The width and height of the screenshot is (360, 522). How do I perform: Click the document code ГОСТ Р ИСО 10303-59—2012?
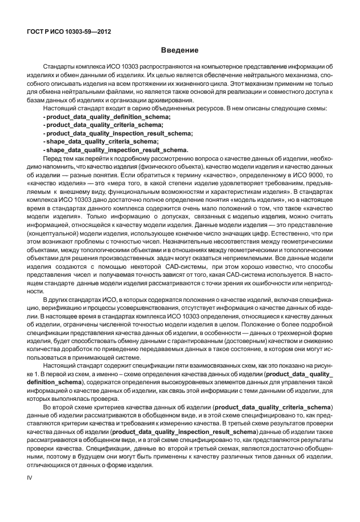coord(69,32)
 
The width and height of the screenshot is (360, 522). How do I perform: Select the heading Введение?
coord(179,51)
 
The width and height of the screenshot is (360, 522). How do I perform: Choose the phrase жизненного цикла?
coord(199,83)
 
